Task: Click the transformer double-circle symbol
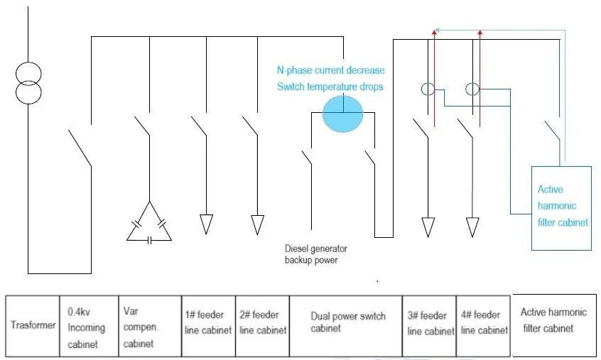coord(29,83)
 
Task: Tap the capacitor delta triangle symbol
coord(149,224)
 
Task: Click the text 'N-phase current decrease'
coord(330,70)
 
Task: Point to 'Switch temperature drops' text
coord(330,87)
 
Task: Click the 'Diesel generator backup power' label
coord(316,254)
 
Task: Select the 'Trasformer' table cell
coord(32,325)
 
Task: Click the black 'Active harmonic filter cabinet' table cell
coord(554,320)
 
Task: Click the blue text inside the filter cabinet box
coord(562,206)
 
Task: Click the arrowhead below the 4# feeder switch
coord(472,227)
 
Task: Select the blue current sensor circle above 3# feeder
coord(428,89)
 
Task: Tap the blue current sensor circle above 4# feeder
coord(472,89)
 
